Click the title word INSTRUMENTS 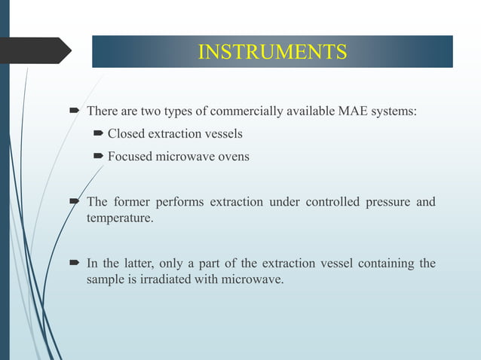click(272, 52)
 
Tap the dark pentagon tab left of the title click(34, 50)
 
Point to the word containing click(380, 263)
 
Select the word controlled click(326, 203)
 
